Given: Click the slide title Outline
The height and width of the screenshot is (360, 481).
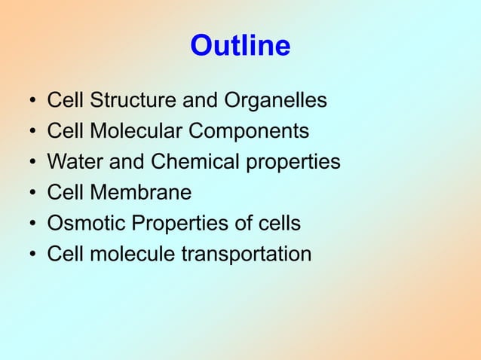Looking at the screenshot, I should [240, 47].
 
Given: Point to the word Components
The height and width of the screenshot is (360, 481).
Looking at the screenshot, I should [249, 132].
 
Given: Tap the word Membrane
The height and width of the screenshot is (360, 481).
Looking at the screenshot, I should [140, 193].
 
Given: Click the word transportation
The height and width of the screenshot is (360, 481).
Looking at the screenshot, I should [246, 255].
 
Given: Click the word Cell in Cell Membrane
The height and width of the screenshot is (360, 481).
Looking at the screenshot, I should [65, 193].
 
